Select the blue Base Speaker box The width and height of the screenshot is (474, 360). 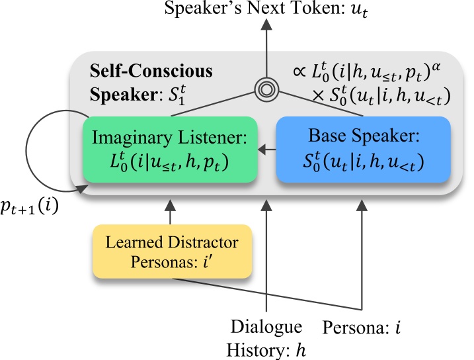[x=362, y=150]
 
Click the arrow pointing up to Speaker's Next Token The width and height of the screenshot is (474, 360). [x=266, y=46]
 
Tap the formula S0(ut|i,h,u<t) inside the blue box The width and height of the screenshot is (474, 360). [x=362, y=161]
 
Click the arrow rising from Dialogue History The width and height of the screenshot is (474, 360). [x=266, y=258]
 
